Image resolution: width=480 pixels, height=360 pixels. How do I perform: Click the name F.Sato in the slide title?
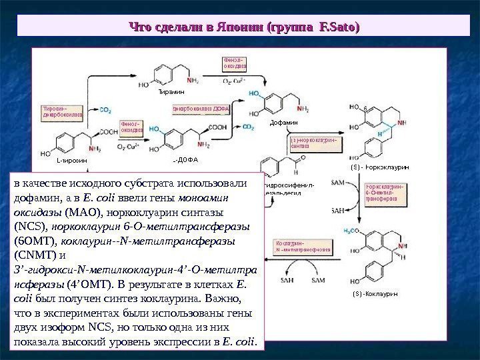[x=339, y=27]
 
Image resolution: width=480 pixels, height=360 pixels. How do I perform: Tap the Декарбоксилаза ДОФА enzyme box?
[x=201, y=108]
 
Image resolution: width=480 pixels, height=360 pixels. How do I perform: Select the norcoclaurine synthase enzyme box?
[x=313, y=143]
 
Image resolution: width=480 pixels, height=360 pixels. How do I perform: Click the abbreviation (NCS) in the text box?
[x=30, y=226]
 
